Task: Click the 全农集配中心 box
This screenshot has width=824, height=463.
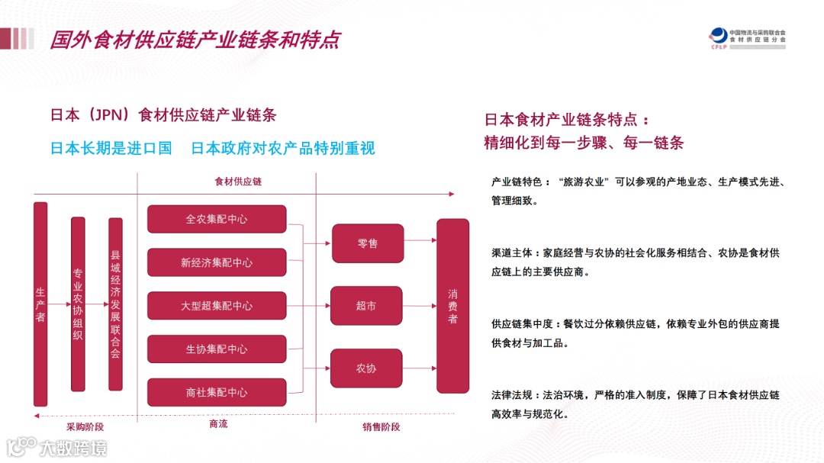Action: [217, 219]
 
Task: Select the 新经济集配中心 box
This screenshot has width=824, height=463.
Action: [217, 262]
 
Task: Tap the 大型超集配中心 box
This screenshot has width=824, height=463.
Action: [217, 306]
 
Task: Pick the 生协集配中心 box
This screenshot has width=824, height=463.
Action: [217, 349]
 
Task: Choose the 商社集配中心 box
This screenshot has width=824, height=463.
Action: [217, 393]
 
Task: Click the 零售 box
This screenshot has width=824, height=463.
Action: [366, 243]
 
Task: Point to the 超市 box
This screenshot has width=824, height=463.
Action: [366, 306]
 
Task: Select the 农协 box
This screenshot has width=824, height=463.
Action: [366, 368]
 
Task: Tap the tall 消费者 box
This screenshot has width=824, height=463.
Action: [452, 306]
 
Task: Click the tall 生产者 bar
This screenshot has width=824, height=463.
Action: [40, 304]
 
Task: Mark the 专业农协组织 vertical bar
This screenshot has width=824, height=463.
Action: [78, 304]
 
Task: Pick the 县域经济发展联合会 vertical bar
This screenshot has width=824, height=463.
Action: [115, 304]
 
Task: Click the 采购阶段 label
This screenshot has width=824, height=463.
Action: [85, 426]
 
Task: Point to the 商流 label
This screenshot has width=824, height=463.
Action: [218, 424]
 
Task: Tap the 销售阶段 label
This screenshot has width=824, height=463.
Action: [381, 426]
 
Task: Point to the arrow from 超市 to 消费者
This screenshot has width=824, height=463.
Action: [419, 306]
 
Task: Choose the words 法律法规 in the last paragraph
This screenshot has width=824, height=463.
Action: [511, 395]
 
